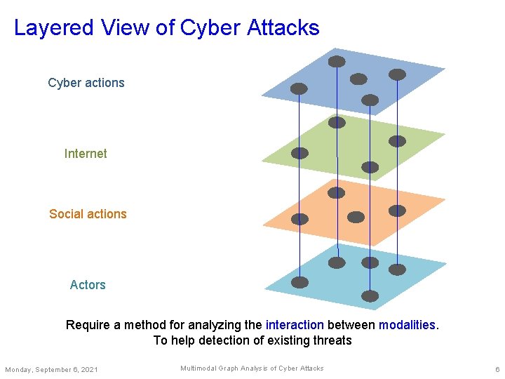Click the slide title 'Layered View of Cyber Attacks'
point(166,28)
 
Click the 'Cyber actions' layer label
point(86,83)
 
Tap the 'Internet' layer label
point(86,154)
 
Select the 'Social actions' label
point(88,214)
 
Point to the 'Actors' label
point(88,285)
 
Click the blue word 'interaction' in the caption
point(295,325)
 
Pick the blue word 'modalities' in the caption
point(407,325)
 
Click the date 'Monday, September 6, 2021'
point(51,369)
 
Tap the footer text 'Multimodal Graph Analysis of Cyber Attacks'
point(252,368)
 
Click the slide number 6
point(497,369)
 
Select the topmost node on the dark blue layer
point(337,62)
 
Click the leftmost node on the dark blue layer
point(299,88)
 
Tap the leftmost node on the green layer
point(299,153)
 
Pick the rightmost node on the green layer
point(397,141)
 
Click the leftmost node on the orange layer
point(299,219)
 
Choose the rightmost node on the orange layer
point(397,211)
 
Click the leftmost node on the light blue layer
point(299,282)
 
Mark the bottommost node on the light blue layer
point(370,295)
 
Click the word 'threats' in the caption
point(332,340)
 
